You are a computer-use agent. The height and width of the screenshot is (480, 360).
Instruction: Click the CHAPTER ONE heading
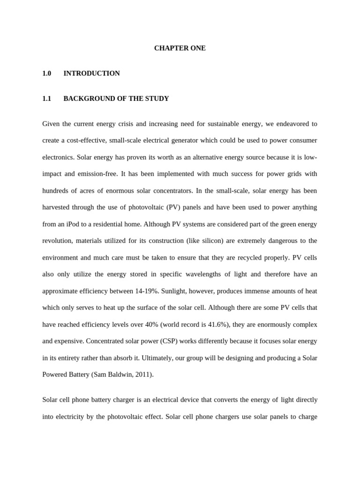[x=180, y=48]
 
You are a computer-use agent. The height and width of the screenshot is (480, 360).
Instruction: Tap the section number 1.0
[x=46, y=74]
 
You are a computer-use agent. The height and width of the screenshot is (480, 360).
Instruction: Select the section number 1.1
[x=46, y=99]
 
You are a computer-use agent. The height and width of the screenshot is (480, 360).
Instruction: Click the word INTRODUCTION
[x=91, y=74]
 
